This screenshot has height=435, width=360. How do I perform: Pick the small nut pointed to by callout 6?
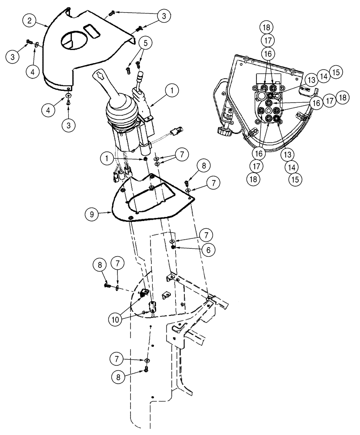click(x=173, y=247)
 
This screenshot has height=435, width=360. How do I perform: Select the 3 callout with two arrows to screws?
click(x=163, y=16)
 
